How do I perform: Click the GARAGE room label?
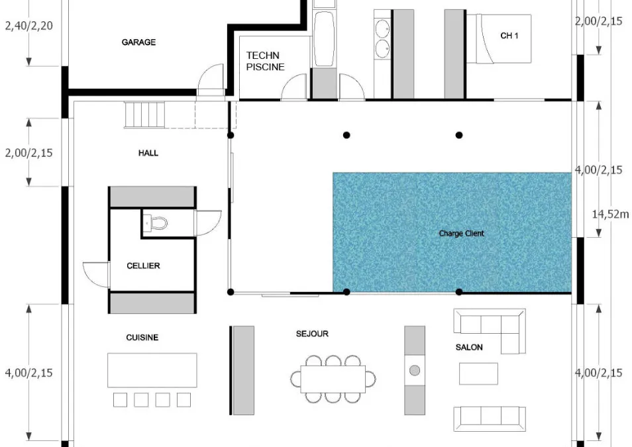coord(138,42)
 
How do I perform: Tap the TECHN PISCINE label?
coord(265,61)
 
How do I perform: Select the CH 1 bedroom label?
coord(509,36)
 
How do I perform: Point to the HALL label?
coord(148,153)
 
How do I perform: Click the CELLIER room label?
coord(143,266)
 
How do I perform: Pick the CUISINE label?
coord(142,337)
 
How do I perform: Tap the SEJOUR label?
coord(312,334)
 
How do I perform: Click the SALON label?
coord(469,347)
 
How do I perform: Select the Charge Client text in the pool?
coord(462,233)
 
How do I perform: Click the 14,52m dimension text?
coord(610,214)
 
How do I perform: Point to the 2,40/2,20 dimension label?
coord(29,26)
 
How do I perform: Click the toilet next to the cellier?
coord(156,223)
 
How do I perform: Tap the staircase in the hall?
coord(144,115)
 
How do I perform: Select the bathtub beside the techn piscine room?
coord(324,38)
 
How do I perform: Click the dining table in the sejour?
coord(333,379)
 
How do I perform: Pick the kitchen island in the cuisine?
coord(152,370)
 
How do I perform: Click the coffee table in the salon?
coord(478,373)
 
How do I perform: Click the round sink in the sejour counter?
coord(415,370)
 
